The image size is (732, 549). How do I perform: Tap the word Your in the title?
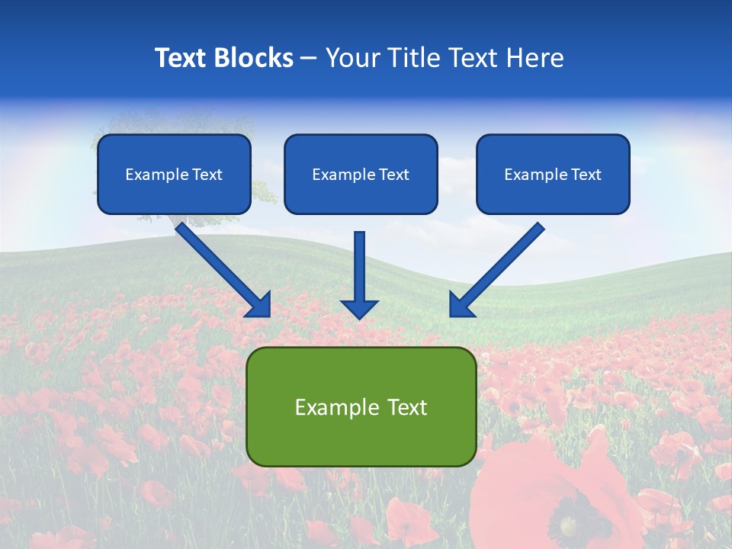point(352,58)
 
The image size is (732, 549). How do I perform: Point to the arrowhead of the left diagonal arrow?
point(261,306)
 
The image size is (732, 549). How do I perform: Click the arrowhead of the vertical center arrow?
point(359,310)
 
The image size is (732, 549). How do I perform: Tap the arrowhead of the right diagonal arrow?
point(459,306)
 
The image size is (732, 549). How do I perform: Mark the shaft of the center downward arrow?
point(359,263)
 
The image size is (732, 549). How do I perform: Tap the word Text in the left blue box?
point(207,175)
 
